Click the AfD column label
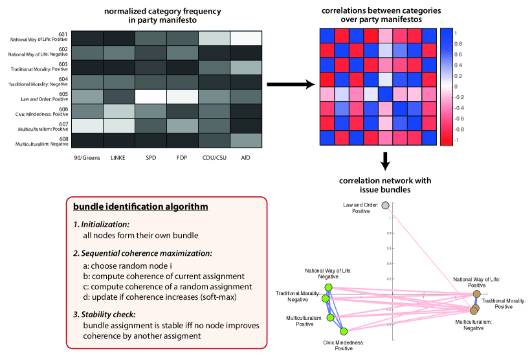[247, 158]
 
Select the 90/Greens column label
[87, 158]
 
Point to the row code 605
[63, 93]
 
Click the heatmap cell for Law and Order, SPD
[150, 96]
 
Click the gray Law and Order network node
[385, 205]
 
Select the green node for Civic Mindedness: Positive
[344, 330]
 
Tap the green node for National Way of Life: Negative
[328, 287]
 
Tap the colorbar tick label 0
[456, 85]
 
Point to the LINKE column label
[118, 158]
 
